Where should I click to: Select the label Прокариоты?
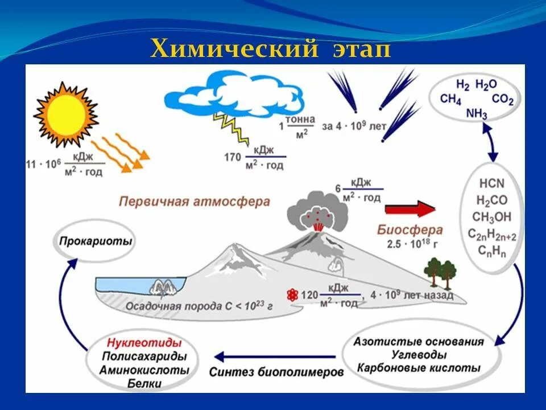[95, 241]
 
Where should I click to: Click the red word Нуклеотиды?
[143, 343]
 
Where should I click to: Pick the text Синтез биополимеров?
[276, 373]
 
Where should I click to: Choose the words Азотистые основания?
[419, 342]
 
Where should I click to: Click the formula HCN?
[491, 183]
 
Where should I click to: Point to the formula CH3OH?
[491, 217]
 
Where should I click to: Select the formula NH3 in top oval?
[477, 113]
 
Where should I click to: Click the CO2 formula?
[503, 100]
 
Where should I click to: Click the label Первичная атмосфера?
[195, 202]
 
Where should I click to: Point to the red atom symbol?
[292, 295]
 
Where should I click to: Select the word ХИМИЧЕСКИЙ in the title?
[234, 50]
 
